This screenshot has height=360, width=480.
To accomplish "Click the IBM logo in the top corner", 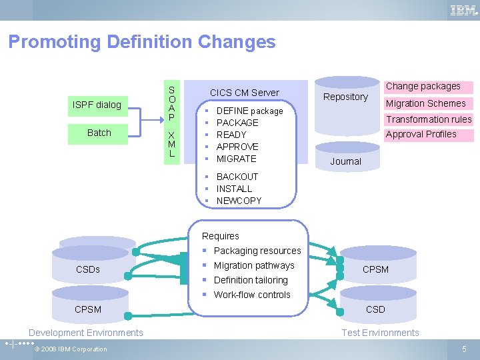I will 462,10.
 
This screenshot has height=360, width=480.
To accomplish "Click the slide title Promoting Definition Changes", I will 141,42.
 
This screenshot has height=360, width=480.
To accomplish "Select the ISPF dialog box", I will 97,105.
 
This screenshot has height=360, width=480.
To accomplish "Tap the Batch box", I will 99,133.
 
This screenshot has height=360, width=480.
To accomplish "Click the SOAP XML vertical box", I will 171,121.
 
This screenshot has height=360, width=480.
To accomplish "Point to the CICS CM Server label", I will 244,93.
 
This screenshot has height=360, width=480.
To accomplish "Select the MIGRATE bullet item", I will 236,159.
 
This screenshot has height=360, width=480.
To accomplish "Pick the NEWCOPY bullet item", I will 239,201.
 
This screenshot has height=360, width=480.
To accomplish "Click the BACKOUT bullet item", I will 237,177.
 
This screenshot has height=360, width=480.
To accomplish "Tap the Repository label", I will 345,97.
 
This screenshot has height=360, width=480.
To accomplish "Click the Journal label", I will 345,161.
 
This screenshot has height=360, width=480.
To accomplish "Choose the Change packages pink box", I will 423,87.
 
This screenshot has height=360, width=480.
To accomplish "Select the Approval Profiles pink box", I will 421,135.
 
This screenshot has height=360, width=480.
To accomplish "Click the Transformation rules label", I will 429,119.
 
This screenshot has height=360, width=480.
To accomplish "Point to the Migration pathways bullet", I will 253,265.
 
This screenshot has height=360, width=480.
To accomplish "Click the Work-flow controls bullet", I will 252,295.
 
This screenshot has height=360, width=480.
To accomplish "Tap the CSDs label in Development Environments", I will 88,269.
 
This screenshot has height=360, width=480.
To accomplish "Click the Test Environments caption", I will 380,333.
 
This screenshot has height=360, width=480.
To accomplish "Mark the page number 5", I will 464,349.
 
